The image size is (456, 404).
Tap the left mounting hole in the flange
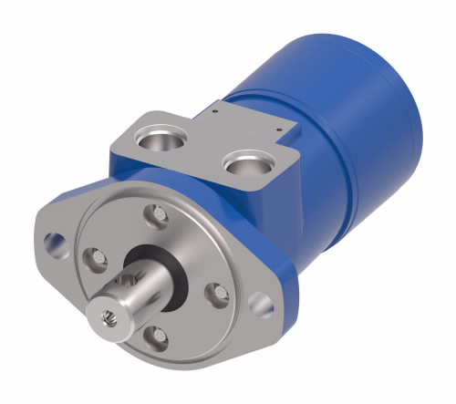click(x=57, y=243)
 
